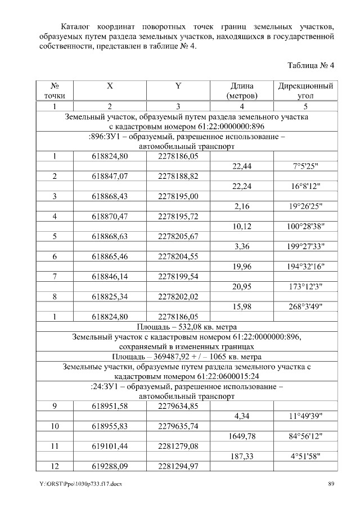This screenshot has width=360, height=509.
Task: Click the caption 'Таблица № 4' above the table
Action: pos(311,65)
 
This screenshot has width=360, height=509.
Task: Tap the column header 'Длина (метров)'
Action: pos(241,91)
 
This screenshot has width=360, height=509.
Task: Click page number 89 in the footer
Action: pos(331,484)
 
